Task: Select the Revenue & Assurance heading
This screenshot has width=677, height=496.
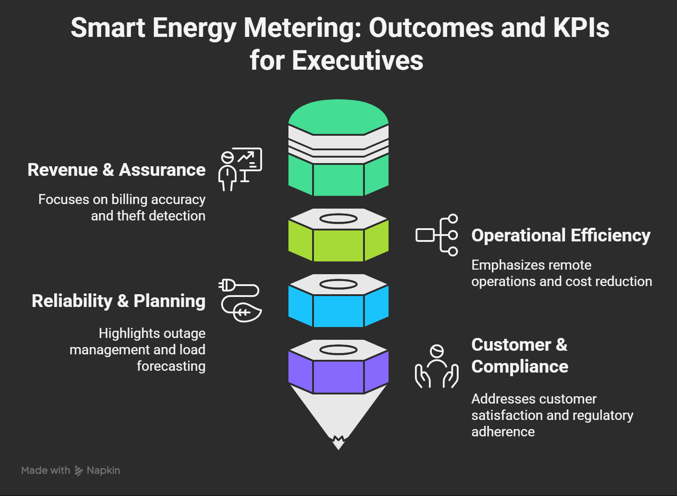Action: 116,170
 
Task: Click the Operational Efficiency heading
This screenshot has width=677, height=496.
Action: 561,235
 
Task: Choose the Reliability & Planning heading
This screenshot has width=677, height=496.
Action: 118,301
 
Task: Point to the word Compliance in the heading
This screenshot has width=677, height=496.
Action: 520,367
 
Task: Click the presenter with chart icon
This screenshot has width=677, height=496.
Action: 240,169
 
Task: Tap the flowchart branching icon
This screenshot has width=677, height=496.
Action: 437,235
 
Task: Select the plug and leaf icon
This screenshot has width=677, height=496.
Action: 240,300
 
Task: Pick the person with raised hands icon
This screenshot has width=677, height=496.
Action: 436,367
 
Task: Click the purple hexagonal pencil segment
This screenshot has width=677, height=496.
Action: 338,376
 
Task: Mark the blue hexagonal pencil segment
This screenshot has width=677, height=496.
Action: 338,310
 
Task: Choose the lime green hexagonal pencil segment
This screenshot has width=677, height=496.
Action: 338,245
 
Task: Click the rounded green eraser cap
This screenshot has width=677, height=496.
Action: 338,116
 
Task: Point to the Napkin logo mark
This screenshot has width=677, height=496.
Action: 79,470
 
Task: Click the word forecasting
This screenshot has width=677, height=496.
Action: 171,366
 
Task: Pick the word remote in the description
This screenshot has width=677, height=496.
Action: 570,265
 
